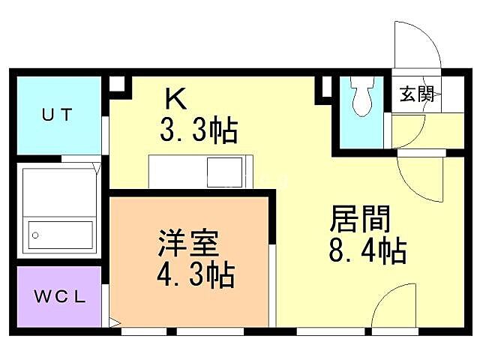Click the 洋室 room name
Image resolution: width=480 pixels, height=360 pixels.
187,244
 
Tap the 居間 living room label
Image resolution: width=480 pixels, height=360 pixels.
360,220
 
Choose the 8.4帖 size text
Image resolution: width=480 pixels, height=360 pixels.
367,250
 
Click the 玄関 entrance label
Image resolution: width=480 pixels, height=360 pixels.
415,94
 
